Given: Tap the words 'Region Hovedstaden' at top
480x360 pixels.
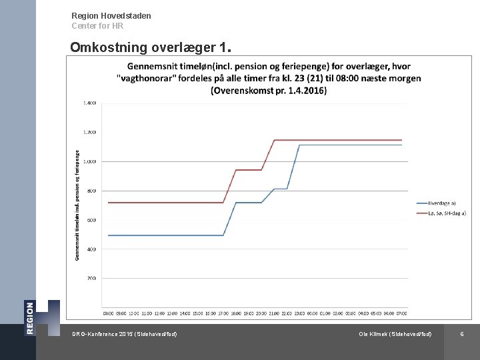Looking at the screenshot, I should (111, 15).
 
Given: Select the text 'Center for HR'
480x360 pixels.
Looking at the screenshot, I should (97, 26).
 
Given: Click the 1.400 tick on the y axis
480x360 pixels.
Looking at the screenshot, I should (89, 103).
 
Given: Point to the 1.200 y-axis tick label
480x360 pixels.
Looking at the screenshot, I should (89, 132).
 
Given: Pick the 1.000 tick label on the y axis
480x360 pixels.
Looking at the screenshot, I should (89, 161).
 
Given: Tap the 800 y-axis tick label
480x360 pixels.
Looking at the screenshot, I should (91, 191).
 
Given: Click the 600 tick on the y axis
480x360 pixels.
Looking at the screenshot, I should (91, 220).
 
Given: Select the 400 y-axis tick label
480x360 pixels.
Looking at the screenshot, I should (91, 249).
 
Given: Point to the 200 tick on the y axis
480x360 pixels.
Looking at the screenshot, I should (91, 278).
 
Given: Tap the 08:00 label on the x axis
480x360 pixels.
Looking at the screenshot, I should (108, 313).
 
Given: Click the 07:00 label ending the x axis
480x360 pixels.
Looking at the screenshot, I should (402, 313).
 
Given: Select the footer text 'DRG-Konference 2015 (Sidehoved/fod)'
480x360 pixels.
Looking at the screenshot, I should (125, 333).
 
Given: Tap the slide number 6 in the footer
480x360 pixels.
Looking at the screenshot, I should (462, 333).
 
